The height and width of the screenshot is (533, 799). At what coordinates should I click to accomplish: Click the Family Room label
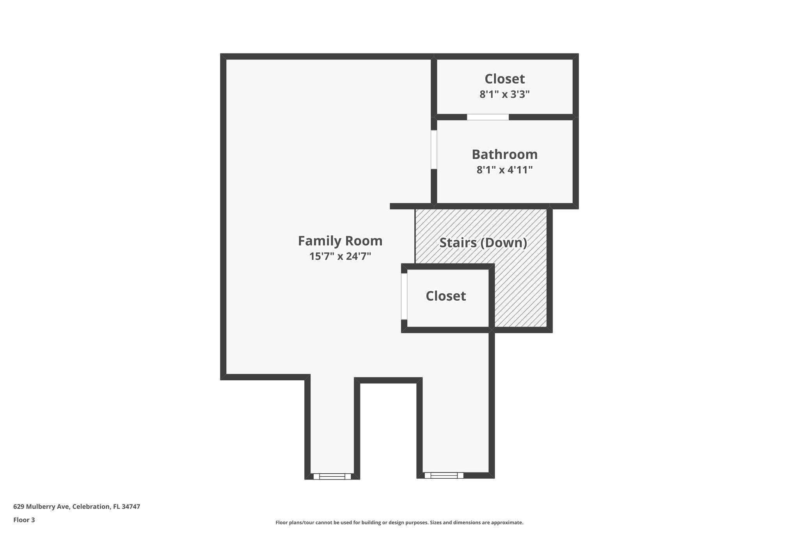click(x=340, y=241)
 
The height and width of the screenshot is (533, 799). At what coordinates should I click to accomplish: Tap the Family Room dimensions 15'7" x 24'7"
click(x=340, y=257)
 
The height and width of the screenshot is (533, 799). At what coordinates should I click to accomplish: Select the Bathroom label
click(x=504, y=155)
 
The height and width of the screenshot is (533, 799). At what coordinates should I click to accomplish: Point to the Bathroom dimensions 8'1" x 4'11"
click(x=504, y=170)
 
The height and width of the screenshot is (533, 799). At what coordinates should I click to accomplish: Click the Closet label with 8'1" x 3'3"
click(x=504, y=79)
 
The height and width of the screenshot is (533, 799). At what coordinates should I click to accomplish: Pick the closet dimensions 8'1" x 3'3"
click(x=504, y=94)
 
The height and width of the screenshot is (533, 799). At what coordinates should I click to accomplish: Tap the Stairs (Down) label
click(x=483, y=243)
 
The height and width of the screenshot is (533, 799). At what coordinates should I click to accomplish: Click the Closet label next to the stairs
click(x=446, y=296)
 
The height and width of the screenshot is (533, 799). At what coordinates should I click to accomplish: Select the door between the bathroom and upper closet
click(x=488, y=117)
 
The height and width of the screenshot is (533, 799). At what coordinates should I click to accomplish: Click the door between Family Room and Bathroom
click(x=433, y=150)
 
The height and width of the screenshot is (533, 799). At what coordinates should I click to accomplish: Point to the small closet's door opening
click(x=404, y=296)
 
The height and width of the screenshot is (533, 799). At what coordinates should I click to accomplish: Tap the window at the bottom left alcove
click(x=332, y=476)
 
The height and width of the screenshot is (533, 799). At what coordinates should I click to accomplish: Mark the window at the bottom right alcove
click(x=444, y=475)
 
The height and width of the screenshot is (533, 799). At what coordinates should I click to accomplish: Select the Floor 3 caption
click(x=24, y=520)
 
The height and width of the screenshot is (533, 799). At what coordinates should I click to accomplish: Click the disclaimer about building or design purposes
click(x=399, y=522)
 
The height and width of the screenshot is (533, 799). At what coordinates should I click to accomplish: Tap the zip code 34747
click(x=131, y=507)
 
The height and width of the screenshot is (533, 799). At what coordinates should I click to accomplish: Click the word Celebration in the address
click(x=91, y=507)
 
